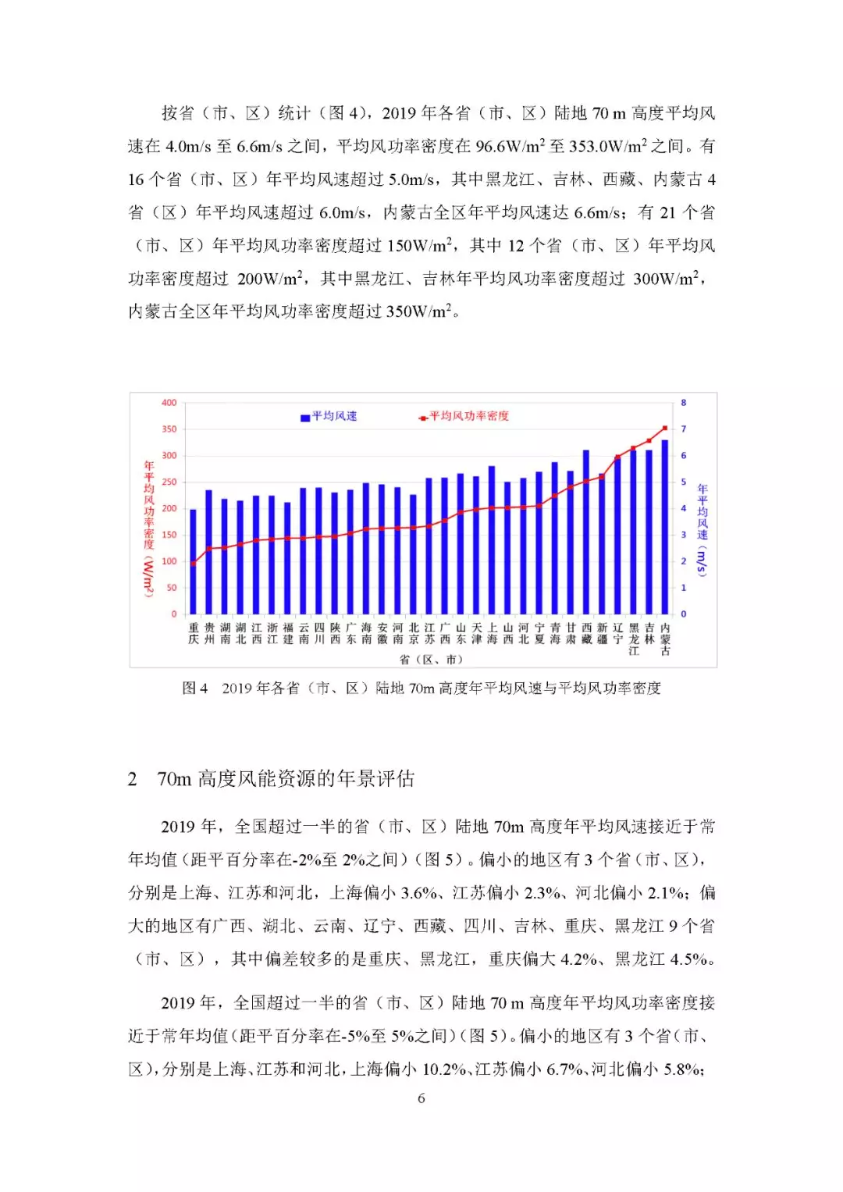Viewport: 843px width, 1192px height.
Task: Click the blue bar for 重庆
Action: point(194,562)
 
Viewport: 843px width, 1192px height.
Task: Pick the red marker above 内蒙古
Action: point(665,428)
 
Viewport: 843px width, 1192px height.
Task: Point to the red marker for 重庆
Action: point(194,563)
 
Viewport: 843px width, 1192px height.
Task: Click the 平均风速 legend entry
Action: point(329,417)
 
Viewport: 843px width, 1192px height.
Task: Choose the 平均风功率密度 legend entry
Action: point(464,417)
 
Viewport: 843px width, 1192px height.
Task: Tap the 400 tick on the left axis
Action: point(169,403)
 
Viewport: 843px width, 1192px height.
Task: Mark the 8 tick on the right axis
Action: point(684,403)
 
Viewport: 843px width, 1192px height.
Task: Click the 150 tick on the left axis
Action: point(169,535)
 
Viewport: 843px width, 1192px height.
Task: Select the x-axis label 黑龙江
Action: point(634,639)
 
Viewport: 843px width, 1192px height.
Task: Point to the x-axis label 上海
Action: point(493,633)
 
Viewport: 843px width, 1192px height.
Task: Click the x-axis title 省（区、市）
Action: point(431,660)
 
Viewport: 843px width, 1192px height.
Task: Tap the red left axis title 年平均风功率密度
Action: point(148,507)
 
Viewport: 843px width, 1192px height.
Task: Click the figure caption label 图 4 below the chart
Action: point(194,688)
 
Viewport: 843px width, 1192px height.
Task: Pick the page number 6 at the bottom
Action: point(421,1098)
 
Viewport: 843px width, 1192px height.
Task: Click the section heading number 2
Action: point(133,779)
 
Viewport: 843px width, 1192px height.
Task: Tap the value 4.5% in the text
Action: point(692,959)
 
